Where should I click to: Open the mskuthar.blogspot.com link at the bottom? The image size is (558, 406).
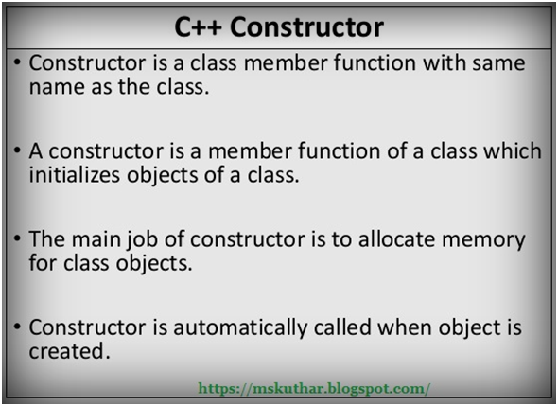coord(316,388)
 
